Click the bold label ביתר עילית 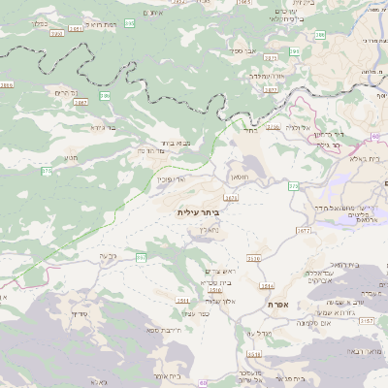tap(200, 210)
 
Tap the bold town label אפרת tap(275, 304)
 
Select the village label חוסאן tap(241, 178)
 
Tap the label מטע tap(70, 157)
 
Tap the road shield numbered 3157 tap(366, 319)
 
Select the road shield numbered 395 tap(130, 21)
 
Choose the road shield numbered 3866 tap(7, 85)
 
